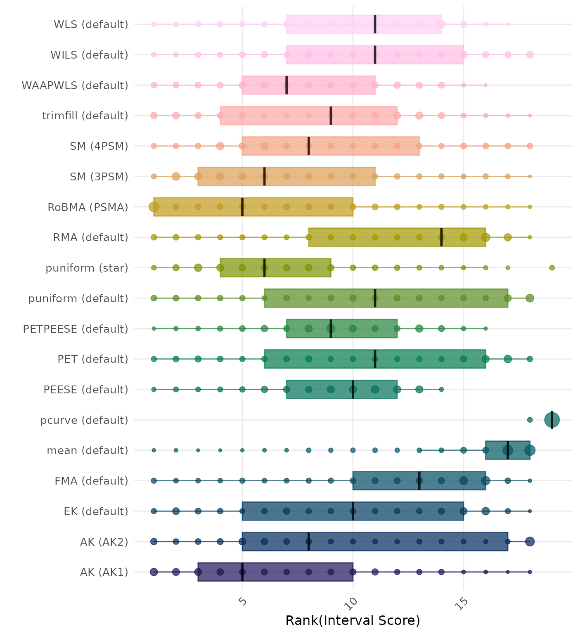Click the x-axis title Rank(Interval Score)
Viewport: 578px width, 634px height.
click(353, 620)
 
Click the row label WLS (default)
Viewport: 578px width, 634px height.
click(91, 24)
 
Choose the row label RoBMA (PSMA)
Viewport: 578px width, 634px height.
click(88, 207)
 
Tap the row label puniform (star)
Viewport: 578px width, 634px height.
click(87, 268)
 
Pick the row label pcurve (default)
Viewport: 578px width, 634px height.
click(84, 420)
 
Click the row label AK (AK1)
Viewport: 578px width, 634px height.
click(104, 572)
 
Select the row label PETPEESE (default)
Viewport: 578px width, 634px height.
click(76, 329)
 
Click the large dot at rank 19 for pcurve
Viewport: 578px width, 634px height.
click(552, 420)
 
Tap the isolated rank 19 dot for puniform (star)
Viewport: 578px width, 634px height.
click(552, 268)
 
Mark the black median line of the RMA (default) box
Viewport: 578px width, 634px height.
click(441, 237)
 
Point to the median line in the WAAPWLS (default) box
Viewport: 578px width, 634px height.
click(287, 85)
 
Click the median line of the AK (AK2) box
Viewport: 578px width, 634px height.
click(309, 542)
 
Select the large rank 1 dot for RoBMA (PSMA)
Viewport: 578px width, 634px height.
click(154, 207)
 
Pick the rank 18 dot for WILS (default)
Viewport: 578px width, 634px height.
click(530, 54)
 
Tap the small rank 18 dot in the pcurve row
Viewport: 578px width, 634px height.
click(530, 420)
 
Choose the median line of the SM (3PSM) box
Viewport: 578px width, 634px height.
click(265, 176)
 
